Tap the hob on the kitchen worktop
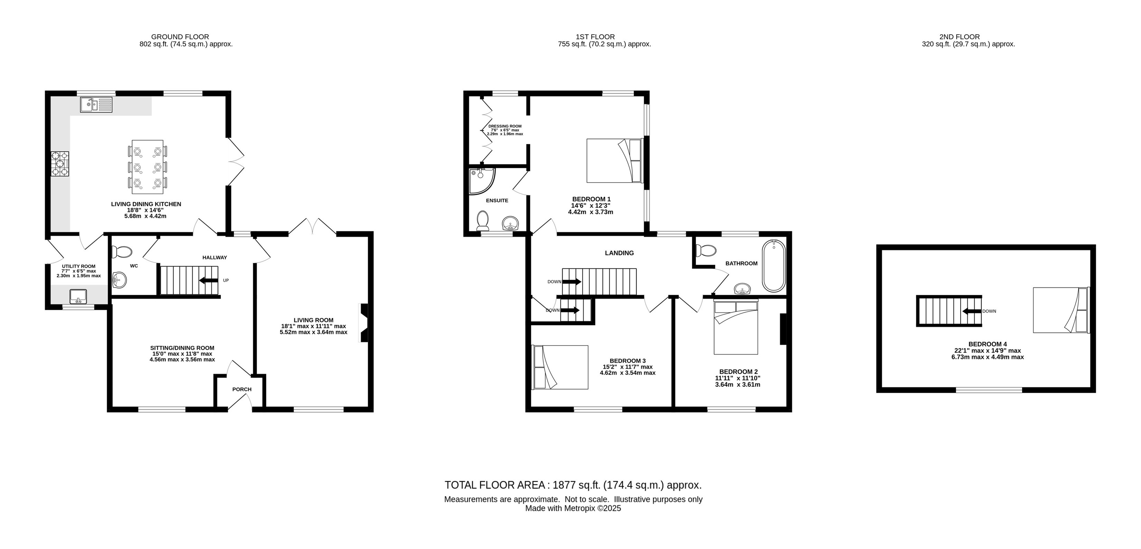pos(60,164)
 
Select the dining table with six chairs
pos(148,167)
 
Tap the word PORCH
pos(242,390)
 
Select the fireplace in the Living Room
pos(364,322)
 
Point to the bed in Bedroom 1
pos(615,161)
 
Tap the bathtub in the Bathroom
pos(774,266)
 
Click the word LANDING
pos(619,253)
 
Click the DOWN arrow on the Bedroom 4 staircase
pos(972,311)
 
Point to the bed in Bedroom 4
pos(1061,310)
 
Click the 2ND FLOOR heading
pos(959,37)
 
